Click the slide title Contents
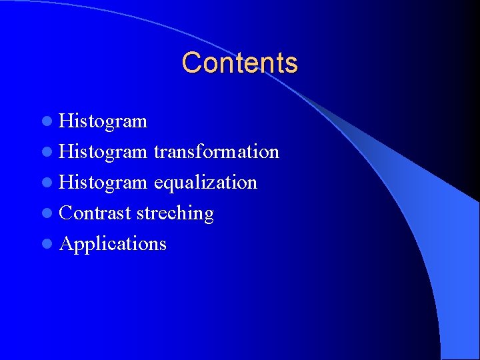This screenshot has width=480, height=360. [239, 63]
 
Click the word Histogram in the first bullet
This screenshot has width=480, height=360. [103, 121]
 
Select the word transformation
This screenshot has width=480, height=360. [216, 152]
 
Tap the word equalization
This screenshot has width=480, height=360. [205, 183]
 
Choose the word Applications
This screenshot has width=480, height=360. [113, 244]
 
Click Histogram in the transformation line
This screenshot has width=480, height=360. [103, 152]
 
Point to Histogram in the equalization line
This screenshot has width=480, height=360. [103, 183]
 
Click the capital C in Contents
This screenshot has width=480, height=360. [191, 63]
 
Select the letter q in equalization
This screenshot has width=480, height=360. [169, 185]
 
